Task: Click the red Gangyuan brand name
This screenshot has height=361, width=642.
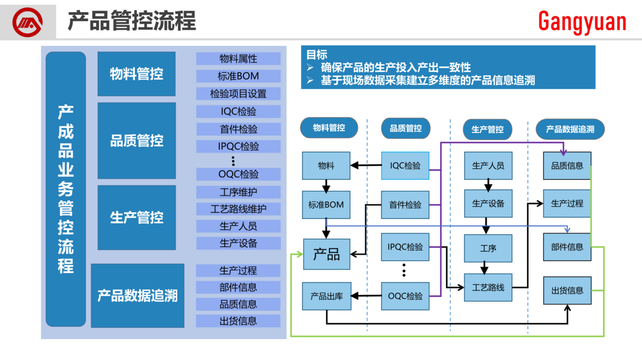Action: (582, 22)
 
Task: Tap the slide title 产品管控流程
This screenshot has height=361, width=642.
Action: (132, 21)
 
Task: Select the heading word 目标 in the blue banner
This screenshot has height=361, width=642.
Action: (316, 55)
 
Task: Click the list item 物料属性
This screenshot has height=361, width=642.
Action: (238, 58)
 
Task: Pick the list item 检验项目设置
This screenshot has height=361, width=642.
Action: (238, 94)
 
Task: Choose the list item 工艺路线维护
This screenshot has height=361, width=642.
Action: (238, 208)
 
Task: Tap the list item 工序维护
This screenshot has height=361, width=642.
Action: (238, 192)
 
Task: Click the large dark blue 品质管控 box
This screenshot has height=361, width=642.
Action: (136, 141)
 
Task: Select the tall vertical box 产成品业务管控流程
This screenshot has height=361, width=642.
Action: (66, 189)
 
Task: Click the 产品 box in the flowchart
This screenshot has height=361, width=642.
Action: (326, 254)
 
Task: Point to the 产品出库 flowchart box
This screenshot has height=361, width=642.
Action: (326, 296)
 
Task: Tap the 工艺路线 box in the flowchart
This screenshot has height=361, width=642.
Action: (488, 288)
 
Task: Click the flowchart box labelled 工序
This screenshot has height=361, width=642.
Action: (488, 248)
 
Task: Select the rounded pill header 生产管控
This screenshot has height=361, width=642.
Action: (487, 129)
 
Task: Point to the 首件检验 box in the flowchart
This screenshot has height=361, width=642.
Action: (405, 205)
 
